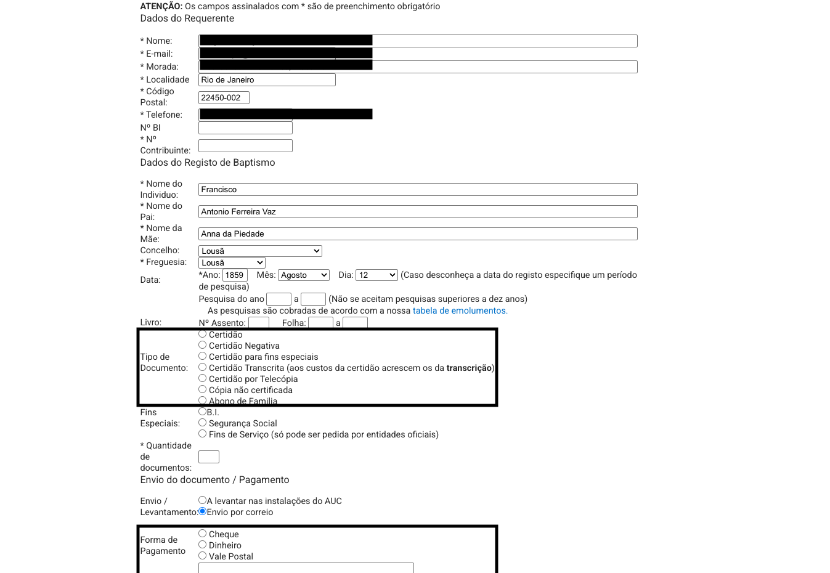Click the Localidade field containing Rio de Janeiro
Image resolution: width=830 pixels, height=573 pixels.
point(267,79)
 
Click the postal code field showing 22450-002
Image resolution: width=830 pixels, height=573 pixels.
point(224,97)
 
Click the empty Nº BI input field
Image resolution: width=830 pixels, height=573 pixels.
point(245,128)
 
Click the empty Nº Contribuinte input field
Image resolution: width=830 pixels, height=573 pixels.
point(245,145)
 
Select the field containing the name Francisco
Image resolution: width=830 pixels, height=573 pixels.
point(418,189)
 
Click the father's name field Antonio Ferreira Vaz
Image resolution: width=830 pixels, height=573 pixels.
point(418,211)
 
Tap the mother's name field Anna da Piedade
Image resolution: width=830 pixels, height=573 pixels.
point(418,234)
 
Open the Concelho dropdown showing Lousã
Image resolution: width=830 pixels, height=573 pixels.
point(260,251)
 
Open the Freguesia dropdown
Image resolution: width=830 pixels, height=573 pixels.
point(232,262)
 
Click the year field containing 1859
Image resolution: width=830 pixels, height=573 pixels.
point(235,275)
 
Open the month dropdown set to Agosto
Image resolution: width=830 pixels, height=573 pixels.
point(304,275)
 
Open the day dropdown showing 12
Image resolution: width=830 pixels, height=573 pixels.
point(376,275)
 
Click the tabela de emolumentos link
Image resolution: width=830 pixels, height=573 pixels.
point(460,311)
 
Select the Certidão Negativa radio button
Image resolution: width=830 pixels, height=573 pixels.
point(202,345)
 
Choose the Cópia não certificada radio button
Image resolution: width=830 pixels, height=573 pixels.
point(202,389)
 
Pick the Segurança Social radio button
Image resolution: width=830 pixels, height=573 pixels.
point(202,423)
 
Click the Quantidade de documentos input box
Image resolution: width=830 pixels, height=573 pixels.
point(209,457)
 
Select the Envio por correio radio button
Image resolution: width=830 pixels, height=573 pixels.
point(202,511)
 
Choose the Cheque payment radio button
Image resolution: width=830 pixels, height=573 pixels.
point(202,534)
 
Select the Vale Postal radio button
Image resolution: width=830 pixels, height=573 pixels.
point(202,556)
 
